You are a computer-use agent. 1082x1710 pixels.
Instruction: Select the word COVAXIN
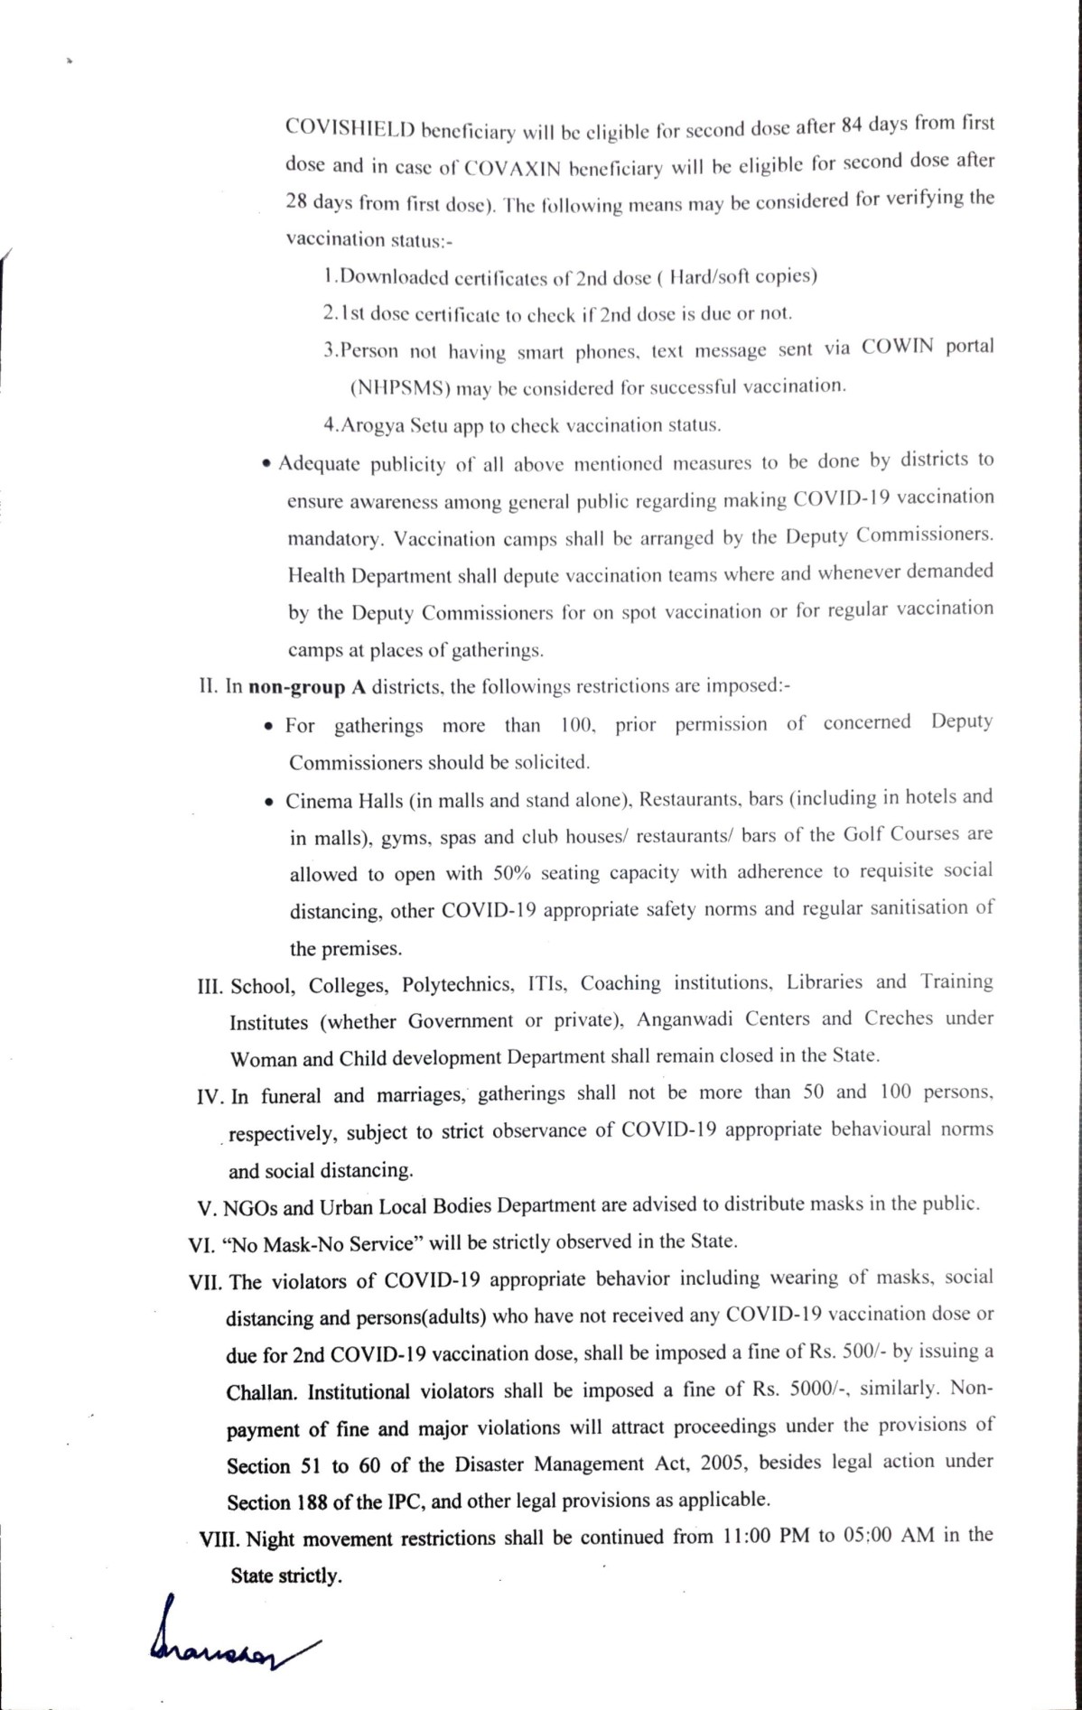tap(512, 168)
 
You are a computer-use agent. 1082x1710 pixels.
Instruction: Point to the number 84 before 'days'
tap(851, 125)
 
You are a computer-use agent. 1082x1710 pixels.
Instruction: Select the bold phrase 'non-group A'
tap(307, 687)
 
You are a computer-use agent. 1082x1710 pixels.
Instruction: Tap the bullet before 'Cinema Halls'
tap(269, 803)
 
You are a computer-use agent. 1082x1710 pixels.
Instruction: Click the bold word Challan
tap(261, 1392)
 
